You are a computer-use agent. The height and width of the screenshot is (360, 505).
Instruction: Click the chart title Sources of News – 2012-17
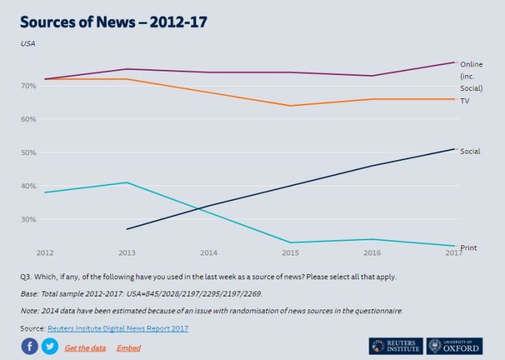click(x=114, y=22)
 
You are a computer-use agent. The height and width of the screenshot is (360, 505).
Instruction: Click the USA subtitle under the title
click(x=28, y=43)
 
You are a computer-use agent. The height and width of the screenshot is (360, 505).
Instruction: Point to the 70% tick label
click(x=28, y=86)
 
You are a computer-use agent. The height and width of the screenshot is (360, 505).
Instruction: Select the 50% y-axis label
click(x=28, y=153)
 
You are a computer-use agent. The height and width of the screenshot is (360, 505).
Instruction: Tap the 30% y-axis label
click(x=28, y=219)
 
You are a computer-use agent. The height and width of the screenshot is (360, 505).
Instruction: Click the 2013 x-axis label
click(x=126, y=253)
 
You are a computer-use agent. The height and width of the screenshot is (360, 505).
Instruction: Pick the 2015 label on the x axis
click(x=290, y=253)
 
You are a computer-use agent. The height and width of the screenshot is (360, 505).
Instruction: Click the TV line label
click(x=465, y=101)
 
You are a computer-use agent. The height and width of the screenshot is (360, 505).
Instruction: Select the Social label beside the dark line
click(x=470, y=152)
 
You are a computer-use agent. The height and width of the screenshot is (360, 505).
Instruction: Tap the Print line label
click(x=468, y=248)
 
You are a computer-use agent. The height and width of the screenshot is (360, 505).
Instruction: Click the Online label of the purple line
click(x=471, y=64)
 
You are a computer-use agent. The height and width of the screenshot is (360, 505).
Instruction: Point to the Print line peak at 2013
click(x=126, y=183)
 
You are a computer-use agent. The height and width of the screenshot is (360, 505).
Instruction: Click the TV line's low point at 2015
click(x=290, y=106)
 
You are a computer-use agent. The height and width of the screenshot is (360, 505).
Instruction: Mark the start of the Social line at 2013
click(x=127, y=229)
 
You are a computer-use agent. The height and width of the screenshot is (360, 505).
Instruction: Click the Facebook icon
click(x=30, y=347)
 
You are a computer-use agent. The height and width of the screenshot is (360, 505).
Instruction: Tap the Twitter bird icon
click(x=50, y=347)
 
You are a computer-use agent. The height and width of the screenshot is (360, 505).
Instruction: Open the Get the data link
click(x=85, y=348)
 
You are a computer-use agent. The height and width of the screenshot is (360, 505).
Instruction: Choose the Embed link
click(x=128, y=348)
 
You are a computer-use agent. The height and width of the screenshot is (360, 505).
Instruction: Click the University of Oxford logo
click(x=454, y=346)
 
